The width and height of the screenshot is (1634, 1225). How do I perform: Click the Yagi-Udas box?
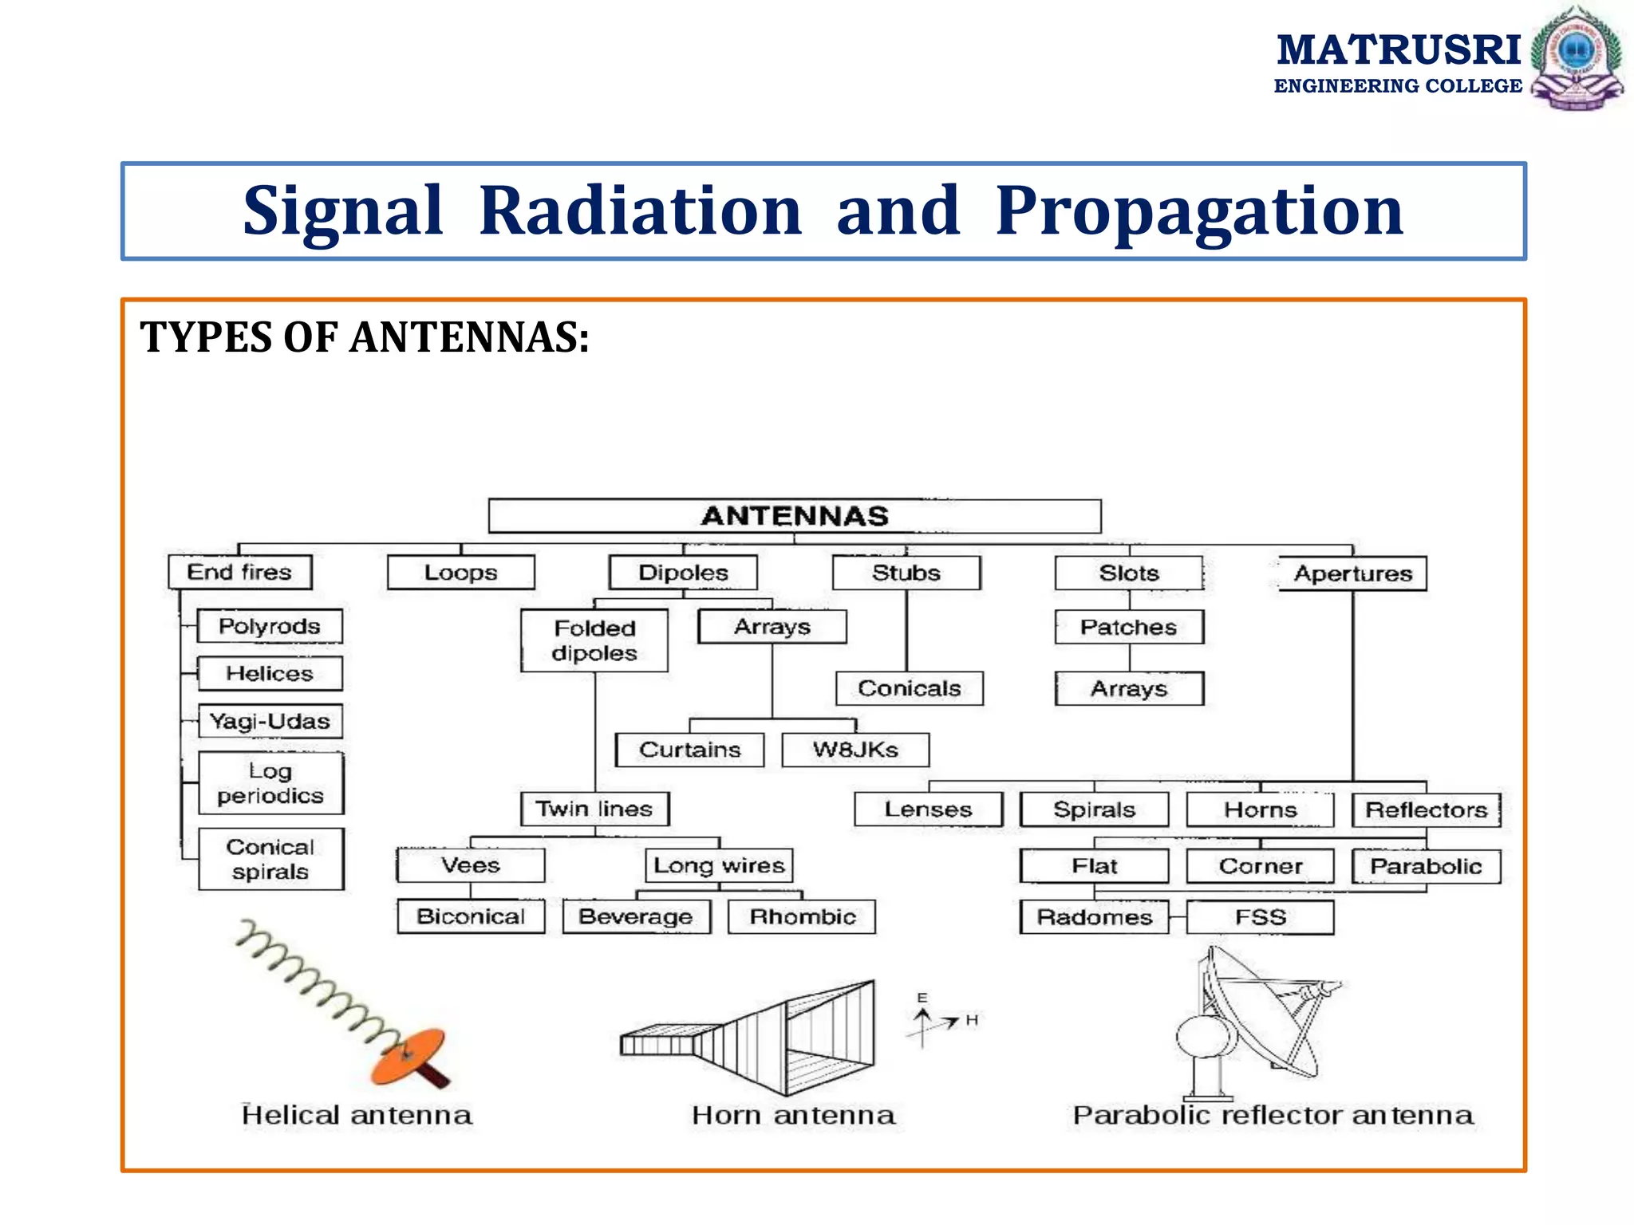(270, 721)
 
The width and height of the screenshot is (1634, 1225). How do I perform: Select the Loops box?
(460, 573)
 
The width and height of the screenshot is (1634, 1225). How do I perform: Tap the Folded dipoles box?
(594, 640)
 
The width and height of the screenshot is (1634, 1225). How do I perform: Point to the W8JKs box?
(855, 750)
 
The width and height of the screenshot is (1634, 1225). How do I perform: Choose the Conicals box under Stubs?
(909, 688)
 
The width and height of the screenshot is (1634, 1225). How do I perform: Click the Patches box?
(1128, 627)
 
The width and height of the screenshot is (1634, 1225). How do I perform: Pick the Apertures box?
(1352, 573)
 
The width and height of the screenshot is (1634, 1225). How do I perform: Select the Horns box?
(1260, 809)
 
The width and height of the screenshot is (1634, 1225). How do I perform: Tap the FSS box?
(1260, 917)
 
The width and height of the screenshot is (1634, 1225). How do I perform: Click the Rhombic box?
(802, 917)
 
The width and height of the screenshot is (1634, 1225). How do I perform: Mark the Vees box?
(471, 865)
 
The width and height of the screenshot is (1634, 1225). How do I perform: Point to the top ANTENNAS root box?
(795, 516)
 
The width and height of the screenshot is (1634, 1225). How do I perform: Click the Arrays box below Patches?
(1128, 688)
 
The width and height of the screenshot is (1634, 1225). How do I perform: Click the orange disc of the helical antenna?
(407, 1055)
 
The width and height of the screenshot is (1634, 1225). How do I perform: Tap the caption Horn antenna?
(793, 1115)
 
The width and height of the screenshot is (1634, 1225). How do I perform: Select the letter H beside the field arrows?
(972, 1020)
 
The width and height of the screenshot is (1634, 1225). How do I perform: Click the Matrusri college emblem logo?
(1577, 57)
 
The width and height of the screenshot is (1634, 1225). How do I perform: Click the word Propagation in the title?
(1199, 211)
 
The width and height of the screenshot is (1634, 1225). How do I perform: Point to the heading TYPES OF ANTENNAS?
(365, 337)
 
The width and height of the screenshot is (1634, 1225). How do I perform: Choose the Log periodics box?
(270, 783)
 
